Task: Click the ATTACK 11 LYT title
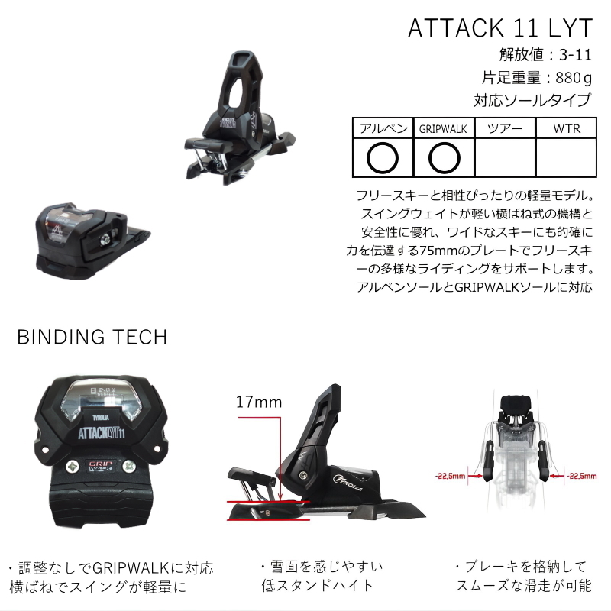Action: point(500,27)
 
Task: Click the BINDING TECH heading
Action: point(92,337)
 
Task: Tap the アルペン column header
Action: point(382,128)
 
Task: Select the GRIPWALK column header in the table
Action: point(443,128)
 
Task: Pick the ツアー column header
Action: point(504,128)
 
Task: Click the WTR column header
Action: point(566,128)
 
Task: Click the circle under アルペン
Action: point(382,158)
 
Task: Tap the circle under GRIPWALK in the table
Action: point(443,158)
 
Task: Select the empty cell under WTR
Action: point(566,158)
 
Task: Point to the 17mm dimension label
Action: point(258,402)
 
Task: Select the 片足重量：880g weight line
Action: point(537,77)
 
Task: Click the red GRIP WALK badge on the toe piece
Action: point(89,467)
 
